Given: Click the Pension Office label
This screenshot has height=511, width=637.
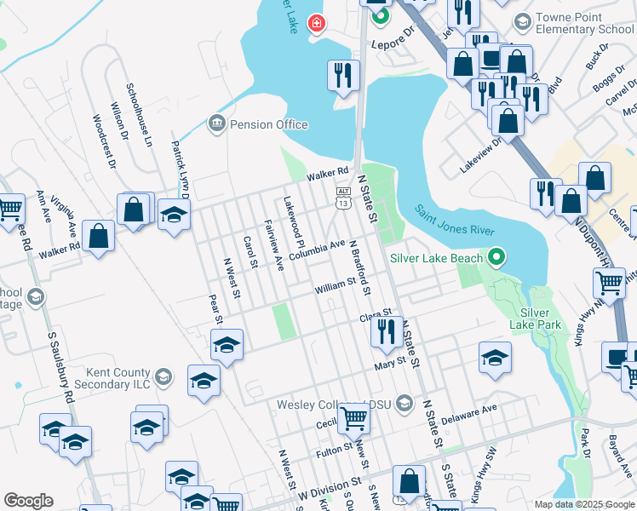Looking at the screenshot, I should tap(267, 124).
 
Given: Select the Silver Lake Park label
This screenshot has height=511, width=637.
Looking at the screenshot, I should tap(537, 318).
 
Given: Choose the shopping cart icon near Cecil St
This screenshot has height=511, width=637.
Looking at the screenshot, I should tap(353, 417).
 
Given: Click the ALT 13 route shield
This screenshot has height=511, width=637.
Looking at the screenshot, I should tap(342, 198).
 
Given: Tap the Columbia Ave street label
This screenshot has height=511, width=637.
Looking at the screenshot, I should tap(316, 250).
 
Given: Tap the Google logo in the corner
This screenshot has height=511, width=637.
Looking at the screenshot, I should tap(28, 501).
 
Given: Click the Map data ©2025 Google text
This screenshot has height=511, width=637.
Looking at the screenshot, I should tap(584, 504).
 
